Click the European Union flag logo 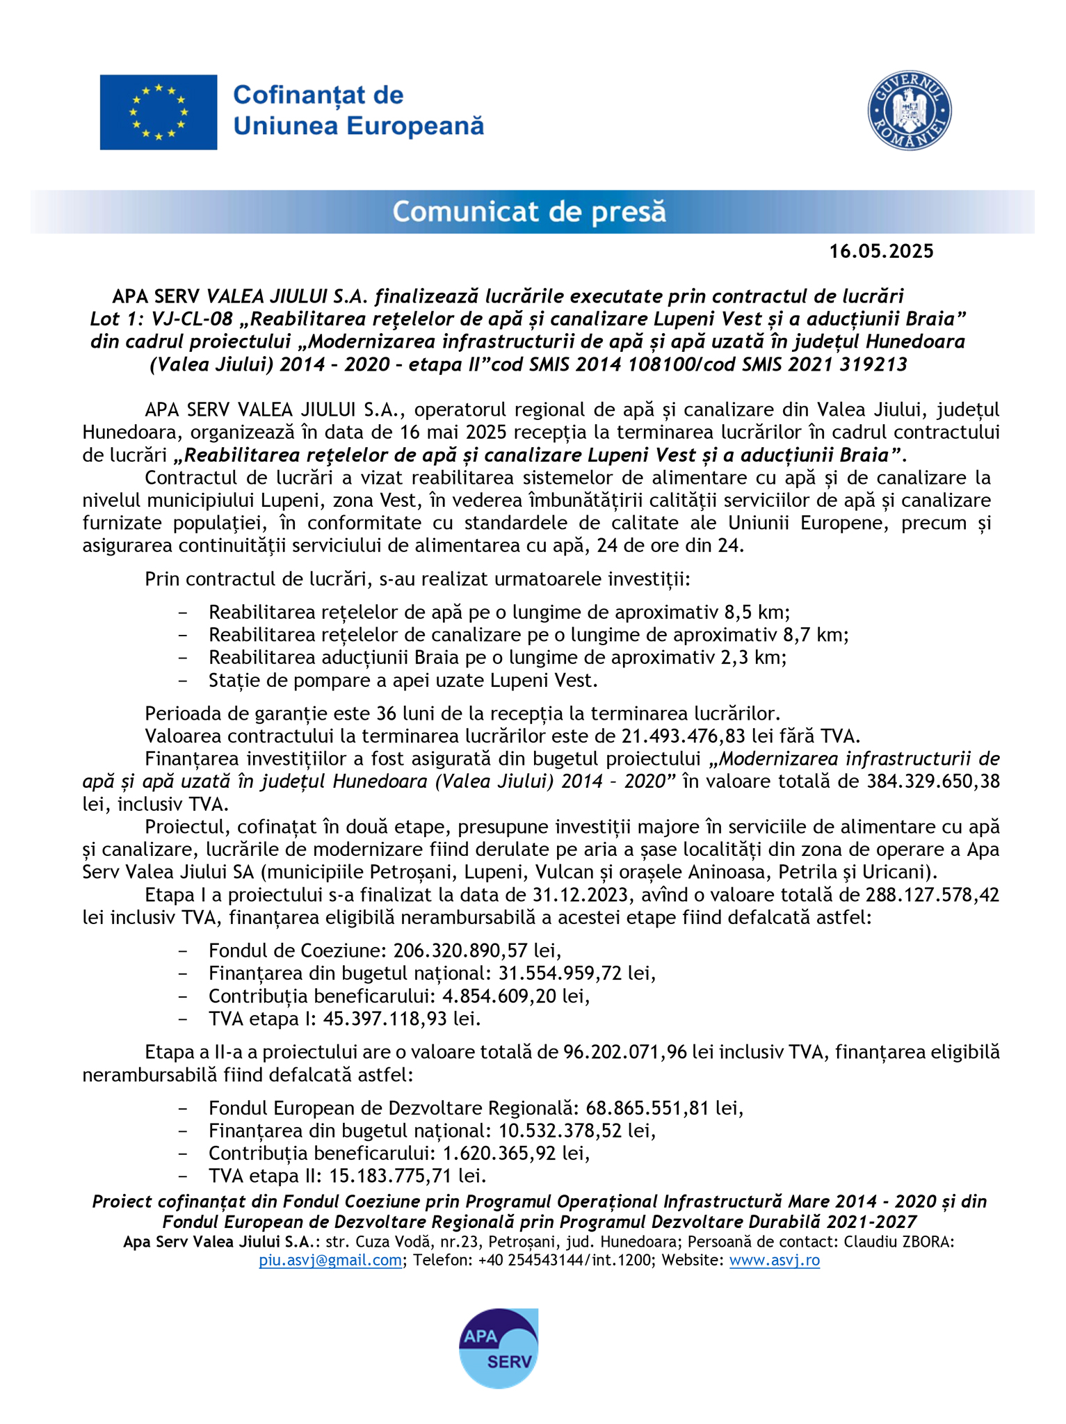[158, 112]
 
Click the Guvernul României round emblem [910, 111]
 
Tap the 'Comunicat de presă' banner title [529, 211]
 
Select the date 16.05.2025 [881, 252]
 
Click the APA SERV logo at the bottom [499, 1348]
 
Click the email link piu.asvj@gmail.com [330, 1261]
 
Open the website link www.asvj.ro [774, 1261]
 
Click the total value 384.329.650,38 [933, 781]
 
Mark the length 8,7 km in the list [815, 635]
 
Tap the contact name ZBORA [929, 1243]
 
